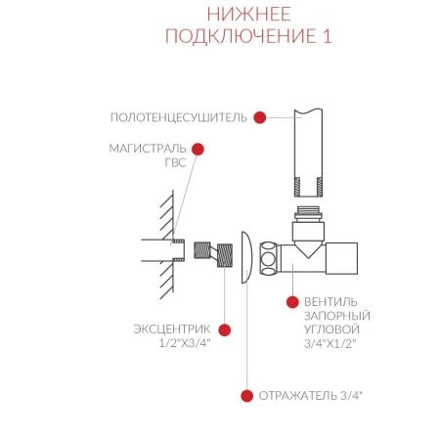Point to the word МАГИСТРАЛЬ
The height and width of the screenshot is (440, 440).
point(148,150)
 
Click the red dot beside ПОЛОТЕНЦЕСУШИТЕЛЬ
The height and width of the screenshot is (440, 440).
point(260,117)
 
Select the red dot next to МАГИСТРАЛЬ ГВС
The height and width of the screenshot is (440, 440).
point(198,150)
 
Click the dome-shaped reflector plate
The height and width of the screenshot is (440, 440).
point(243,257)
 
